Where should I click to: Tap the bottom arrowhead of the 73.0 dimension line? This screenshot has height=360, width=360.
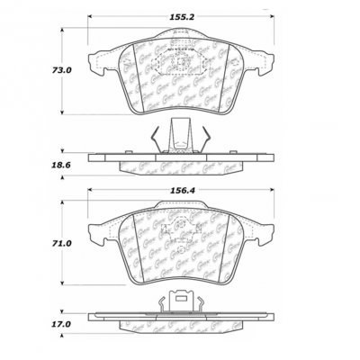(x=61, y=112)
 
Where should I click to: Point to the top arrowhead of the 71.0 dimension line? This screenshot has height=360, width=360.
(x=61, y=200)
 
